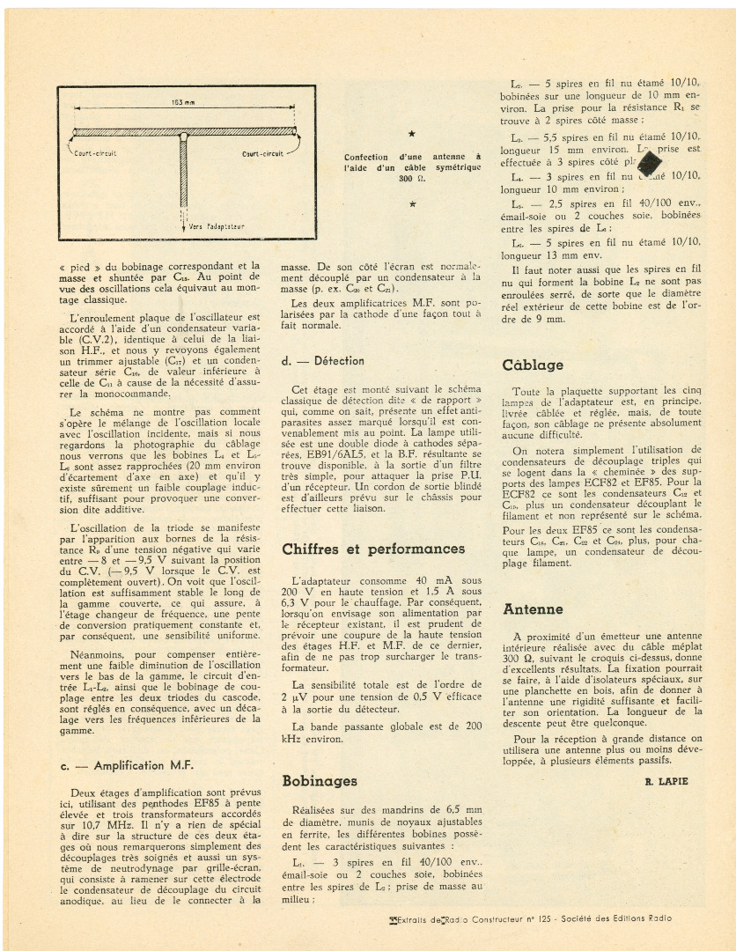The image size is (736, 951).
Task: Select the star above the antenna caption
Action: coord(411,134)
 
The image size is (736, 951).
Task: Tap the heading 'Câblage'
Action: coord(533,365)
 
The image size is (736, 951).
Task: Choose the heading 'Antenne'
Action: coord(533,609)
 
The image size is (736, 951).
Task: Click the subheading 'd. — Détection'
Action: coord(322,361)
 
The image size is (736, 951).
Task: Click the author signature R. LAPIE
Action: coord(666,781)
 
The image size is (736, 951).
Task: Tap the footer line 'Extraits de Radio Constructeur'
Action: coord(529,918)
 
